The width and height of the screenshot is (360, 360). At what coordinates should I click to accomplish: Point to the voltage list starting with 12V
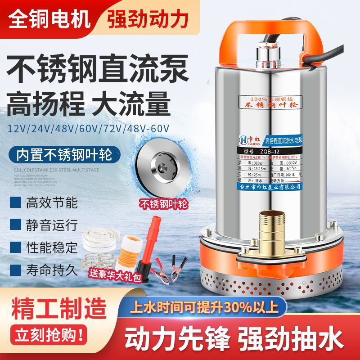pos(88,128)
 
